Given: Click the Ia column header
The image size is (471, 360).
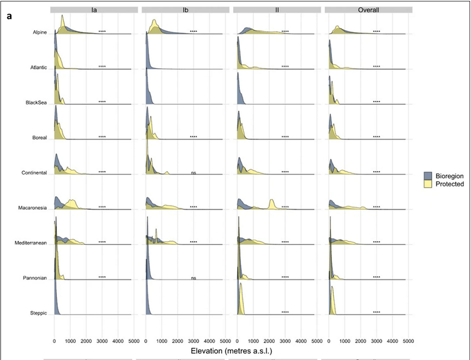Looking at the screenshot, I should coord(94,10).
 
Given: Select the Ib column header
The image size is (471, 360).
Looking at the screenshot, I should coord(186,10).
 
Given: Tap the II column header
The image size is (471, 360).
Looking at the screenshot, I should coord(277,10).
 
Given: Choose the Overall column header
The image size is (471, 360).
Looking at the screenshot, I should coord(369,10).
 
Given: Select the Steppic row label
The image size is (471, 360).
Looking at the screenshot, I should coord(37,313).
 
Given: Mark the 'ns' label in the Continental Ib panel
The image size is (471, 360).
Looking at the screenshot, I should coord(193,173).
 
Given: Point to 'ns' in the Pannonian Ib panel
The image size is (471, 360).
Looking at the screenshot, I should coord(193,278).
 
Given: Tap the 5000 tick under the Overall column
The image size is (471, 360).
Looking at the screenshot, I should coord(408,340).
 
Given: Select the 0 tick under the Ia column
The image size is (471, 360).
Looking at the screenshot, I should coord(54,340).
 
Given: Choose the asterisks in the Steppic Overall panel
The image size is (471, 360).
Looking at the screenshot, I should coord(376,312).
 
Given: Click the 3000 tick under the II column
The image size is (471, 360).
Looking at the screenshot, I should coord(285,340).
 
